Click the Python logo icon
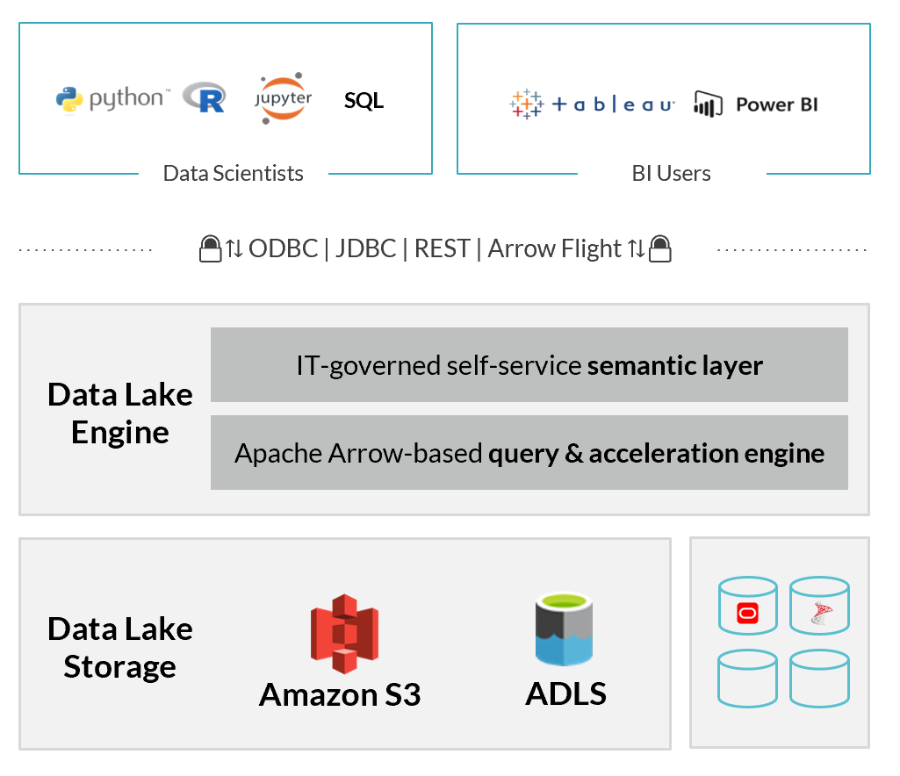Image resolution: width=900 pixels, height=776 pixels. pos(69,100)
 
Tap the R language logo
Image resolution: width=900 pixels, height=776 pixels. pos(204,97)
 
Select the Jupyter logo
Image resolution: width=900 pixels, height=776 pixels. pos(284,98)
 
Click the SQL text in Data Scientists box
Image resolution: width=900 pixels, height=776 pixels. pos(364,101)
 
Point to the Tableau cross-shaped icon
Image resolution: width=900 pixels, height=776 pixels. pos(526,104)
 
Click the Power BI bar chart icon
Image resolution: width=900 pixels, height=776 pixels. pos(708,104)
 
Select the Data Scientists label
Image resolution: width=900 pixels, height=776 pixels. pos(234,173)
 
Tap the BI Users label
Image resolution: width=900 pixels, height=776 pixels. pos(672,173)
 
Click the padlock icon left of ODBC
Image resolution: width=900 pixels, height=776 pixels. pos(210,249)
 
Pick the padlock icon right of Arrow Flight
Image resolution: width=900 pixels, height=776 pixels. pos(660,249)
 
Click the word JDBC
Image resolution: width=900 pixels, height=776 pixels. pos(366,249)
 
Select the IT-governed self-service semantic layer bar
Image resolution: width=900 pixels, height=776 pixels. pos(529,364)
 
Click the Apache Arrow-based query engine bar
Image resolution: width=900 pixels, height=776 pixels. pos(529,453)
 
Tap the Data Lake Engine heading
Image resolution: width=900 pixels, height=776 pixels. pos(120,413)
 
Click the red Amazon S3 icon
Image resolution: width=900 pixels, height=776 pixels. pos(343,634)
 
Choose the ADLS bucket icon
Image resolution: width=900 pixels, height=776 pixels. pos(565,630)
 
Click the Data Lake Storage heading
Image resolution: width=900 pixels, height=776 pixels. pos(120,648)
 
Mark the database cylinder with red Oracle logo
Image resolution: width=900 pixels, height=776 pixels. pos(747,606)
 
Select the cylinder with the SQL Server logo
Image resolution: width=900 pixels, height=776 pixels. pos(819,606)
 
